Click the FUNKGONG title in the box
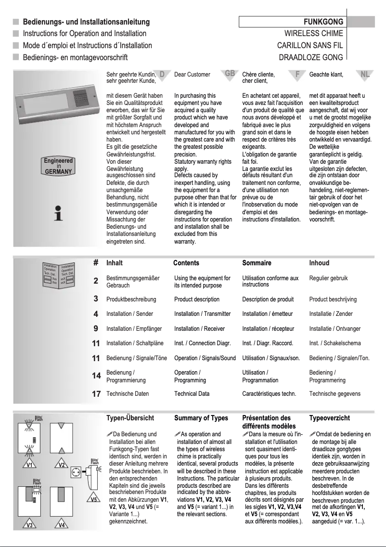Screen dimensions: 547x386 coord(323,22)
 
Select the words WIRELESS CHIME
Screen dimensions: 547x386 coord(314,34)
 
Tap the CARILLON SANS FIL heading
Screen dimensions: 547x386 coord(310,46)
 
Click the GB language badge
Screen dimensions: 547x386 coord(230,74)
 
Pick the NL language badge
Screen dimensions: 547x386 coord(365,74)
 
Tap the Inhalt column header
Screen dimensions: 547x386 coord(115,263)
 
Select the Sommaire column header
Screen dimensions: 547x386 coord(257,263)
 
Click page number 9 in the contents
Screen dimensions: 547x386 coord(96,329)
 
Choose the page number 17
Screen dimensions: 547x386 coord(96,394)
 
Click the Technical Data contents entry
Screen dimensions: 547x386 coord(192,394)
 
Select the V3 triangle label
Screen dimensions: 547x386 coord(29,525)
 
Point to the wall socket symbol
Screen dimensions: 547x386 coord(75,473)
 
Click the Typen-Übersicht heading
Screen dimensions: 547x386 coord(130,418)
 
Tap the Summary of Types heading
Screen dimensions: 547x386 coord(201,418)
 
